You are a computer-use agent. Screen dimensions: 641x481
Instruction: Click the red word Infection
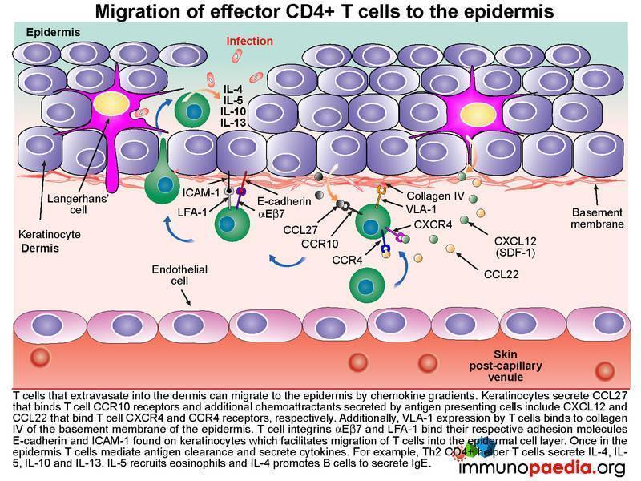click(250, 42)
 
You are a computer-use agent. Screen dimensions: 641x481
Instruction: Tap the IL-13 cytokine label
click(233, 123)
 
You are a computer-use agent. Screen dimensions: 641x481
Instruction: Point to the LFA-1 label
click(192, 212)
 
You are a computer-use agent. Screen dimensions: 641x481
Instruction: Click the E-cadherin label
click(284, 201)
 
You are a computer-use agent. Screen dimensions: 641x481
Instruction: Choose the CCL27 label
click(300, 230)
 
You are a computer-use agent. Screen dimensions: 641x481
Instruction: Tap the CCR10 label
click(320, 245)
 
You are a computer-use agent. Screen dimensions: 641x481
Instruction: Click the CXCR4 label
click(433, 225)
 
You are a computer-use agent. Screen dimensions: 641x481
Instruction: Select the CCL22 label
click(502, 274)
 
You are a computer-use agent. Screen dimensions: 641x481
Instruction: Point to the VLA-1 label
click(421, 209)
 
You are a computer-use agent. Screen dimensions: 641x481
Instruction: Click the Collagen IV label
click(436, 196)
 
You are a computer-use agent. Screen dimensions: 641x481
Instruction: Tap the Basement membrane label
click(597, 218)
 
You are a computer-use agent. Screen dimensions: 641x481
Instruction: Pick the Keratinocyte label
click(50, 235)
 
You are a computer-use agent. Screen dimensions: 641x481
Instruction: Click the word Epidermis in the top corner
click(53, 32)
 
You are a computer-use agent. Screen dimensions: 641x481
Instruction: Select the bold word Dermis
click(40, 249)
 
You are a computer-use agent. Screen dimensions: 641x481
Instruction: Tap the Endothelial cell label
click(179, 275)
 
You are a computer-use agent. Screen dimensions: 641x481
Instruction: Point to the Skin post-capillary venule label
click(506, 366)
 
